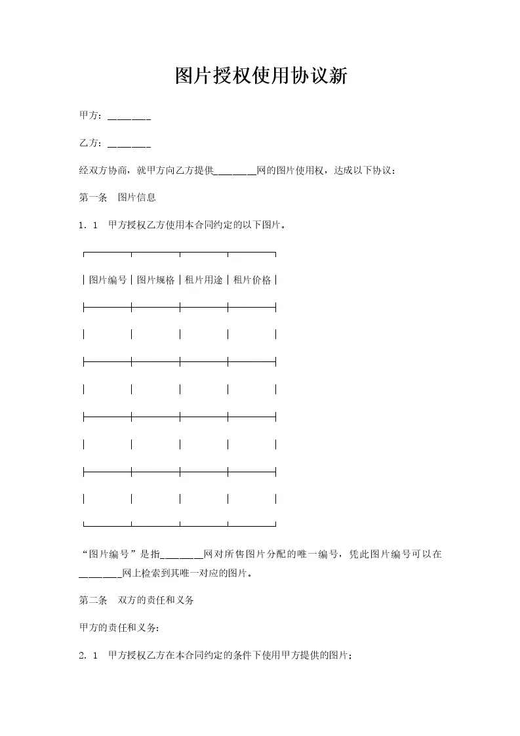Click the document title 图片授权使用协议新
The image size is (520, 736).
[260, 76]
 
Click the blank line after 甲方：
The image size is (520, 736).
[129, 117]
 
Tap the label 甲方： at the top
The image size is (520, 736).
[91, 115]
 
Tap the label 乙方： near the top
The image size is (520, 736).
[91, 143]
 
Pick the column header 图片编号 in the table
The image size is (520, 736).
[108, 280]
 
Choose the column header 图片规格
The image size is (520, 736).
[156, 280]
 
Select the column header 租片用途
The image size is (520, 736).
[204, 280]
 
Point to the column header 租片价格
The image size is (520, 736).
[252, 280]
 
